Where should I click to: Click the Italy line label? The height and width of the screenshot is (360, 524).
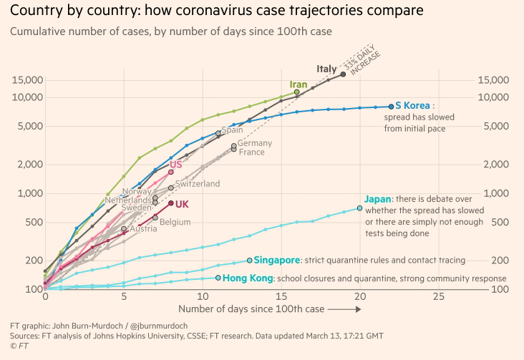[326, 69]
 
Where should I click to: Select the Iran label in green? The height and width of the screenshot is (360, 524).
[299, 84]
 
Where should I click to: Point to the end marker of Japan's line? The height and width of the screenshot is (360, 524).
[359, 208]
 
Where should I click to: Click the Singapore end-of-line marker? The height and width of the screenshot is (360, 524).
[249, 261]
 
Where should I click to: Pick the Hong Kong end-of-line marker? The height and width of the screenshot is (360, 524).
[218, 278]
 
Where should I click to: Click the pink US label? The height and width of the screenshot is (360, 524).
[175, 165]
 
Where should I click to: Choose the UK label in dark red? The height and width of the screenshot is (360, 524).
[182, 204]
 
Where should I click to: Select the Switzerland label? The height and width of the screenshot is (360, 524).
[198, 184]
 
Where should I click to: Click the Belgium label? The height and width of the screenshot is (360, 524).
[175, 222]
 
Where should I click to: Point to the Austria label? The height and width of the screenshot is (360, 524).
[143, 229]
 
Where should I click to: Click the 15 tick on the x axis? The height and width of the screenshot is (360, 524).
[281, 295]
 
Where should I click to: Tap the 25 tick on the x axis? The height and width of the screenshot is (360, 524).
[438, 295]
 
